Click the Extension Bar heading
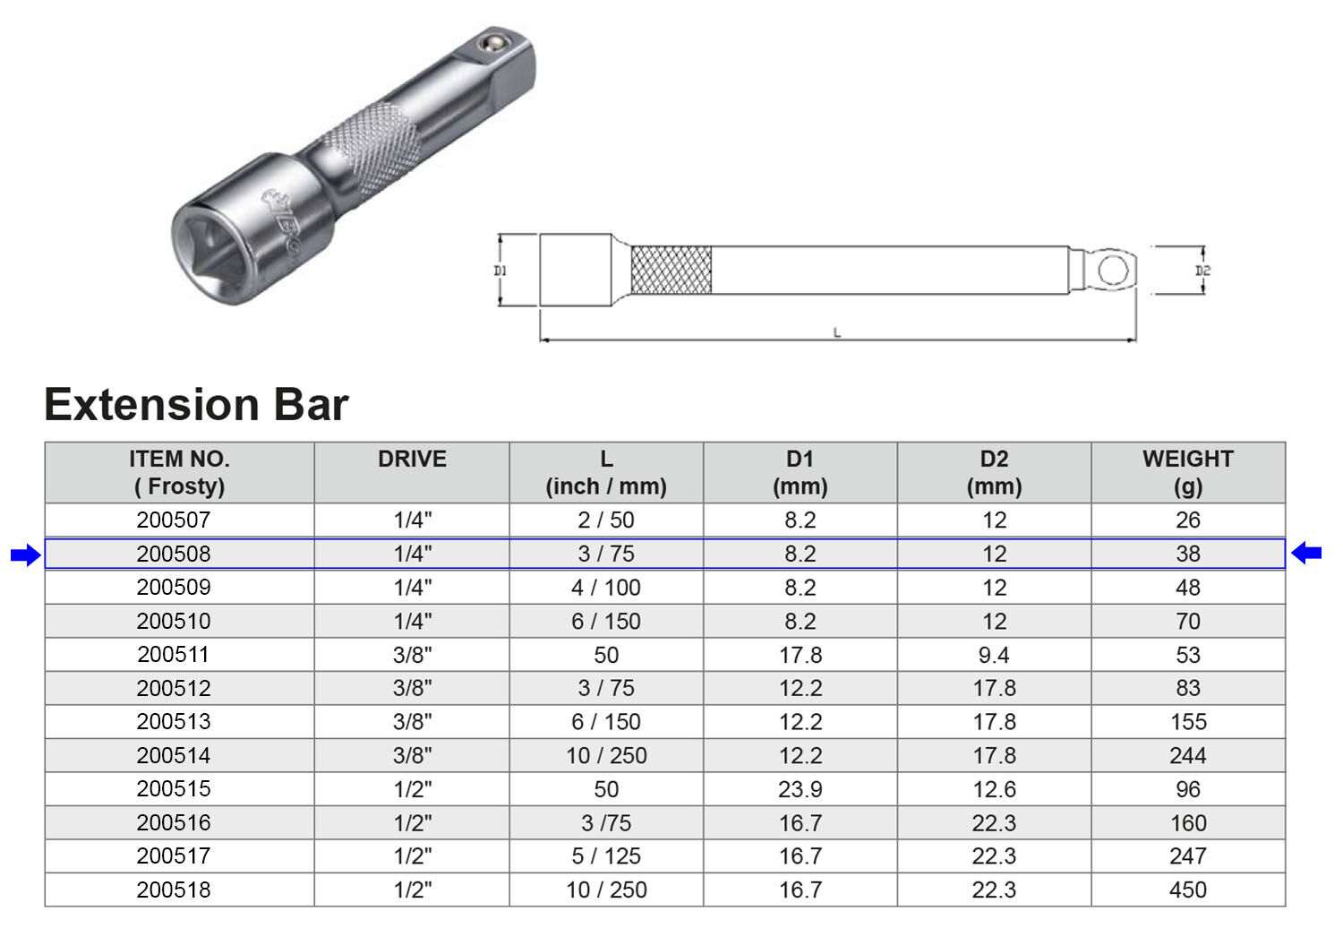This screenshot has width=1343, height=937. coord(196,404)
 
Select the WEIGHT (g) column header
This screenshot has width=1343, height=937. coord(1187,472)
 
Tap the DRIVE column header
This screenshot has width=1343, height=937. coord(412,459)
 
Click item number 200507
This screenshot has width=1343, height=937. coord(174,520)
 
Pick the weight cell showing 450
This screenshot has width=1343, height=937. coord(1187,890)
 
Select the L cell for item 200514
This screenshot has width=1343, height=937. coord(606,755)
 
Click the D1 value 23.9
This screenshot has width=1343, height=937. coord(800,789)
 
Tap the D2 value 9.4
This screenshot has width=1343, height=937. coord(994,655)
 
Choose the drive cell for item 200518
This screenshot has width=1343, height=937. coord(412,890)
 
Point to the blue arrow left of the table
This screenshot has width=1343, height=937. coord(26,554)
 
